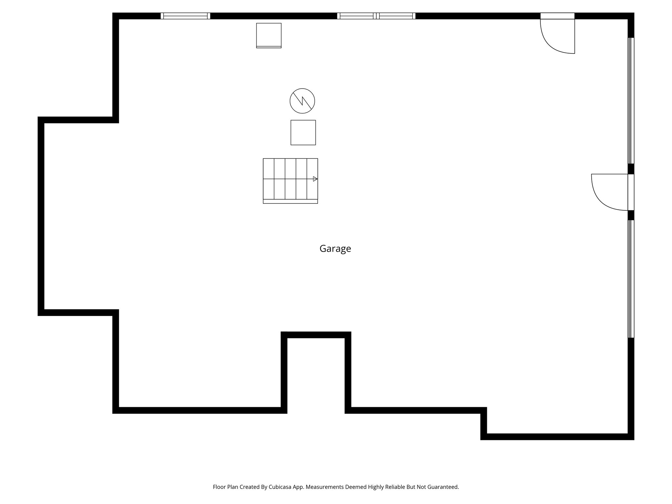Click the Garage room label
click(x=335, y=249)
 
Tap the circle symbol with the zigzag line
click(x=302, y=101)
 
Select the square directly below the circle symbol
click(x=303, y=133)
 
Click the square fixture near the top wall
click(x=269, y=35)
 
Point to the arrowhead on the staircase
click(x=315, y=179)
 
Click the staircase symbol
click(x=290, y=179)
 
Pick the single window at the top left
click(x=185, y=16)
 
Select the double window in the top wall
click(x=376, y=16)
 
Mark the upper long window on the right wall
click(x=631, y=100)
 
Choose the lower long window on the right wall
click(x=631, y=279)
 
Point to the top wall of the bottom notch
click(x=316, y=335)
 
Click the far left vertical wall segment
click(x=41, y=216)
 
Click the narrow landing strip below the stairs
click(x=290, y=201)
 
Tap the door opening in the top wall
click(x=557, y=16)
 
